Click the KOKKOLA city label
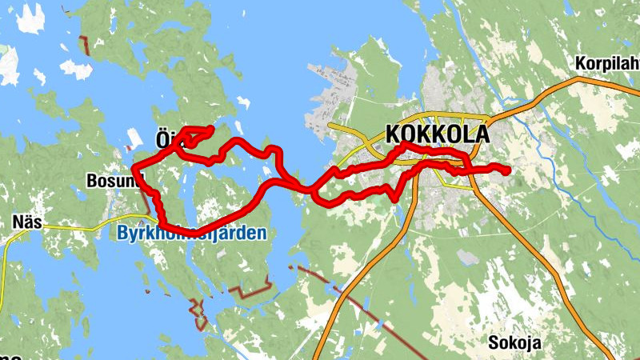(437, 134)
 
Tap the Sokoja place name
(514, 342)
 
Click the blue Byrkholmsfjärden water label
(190, 234)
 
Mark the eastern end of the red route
(506, 169)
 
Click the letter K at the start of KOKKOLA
(394, 134)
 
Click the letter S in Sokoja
(494, 342)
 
